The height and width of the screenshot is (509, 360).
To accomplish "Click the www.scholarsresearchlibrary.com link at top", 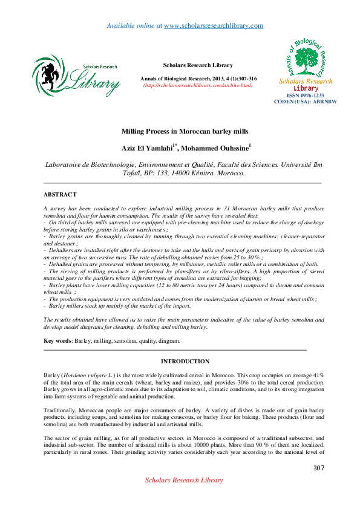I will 214,25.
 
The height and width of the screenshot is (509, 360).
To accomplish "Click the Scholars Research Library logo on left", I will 76,75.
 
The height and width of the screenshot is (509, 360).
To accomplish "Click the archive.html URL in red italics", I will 197,85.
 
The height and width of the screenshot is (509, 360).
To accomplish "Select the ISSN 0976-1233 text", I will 305,96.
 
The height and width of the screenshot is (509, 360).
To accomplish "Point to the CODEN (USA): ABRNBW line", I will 305,102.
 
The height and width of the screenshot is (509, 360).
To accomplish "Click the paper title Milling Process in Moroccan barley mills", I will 185,131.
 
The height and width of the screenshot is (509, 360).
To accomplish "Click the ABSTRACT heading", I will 60,195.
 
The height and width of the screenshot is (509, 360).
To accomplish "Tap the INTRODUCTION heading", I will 185,361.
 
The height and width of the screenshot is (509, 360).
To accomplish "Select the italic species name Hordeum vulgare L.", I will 87,376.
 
